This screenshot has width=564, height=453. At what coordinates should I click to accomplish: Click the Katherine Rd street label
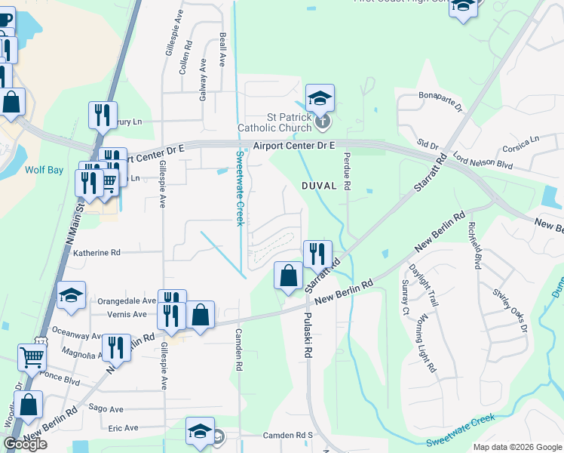[x=96, y=253]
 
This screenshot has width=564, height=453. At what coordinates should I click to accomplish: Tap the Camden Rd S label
[x=287, y=436]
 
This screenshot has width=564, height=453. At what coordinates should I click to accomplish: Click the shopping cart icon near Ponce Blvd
[x=32, y=356]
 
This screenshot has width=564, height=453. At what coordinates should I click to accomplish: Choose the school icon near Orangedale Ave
[x=71, y=295]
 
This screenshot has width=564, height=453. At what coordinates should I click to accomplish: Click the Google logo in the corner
[x=25, y=444]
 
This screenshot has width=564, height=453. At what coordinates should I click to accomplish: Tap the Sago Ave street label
[x=106, y=408]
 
